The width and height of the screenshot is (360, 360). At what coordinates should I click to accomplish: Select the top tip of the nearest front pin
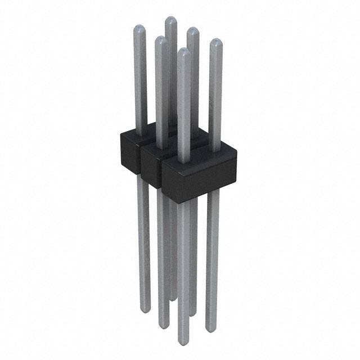coord(183,52)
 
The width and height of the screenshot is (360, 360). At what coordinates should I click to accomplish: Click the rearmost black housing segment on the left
coord(130,148)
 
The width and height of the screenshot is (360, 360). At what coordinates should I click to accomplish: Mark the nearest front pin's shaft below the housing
coord(183,270)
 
